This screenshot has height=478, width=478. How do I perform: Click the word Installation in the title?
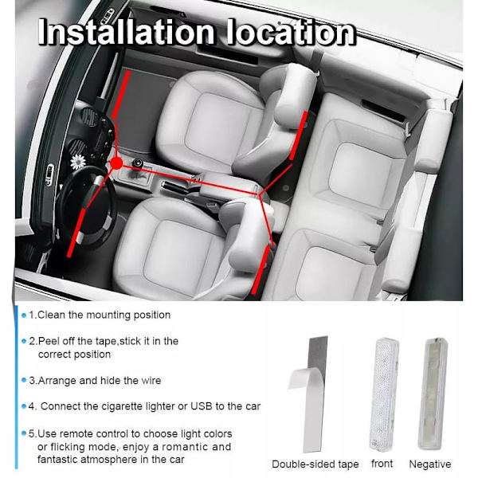pyautogui.click(x=126, y=32)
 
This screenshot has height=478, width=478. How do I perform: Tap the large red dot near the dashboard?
pyautogui.click(x=116, y=163)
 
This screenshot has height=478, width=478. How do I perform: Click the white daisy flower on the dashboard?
pyautogui.click(x=78, y=162)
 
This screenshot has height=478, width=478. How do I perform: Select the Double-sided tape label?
pyautogui.click(x=315, y=464)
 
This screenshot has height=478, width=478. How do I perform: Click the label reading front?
pyautogui.click(x=382, y=464)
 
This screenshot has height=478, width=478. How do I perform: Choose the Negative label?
pyautogui.click(x=430, y=464)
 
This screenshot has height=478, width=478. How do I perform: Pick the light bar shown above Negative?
pyautogui.click(x=433, y=394)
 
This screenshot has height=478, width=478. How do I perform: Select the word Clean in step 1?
pyautogui.click(x=52, y=315)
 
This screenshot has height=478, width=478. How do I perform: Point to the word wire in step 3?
pyautogui.click(x=151, y=381)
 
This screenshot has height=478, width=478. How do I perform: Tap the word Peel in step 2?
pyautogui.click(x=47, y=341)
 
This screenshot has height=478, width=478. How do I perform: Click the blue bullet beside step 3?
pyautogui.click(x=24, y=380)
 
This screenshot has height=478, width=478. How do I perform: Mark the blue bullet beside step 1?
pyautogui.click(x=24, y=315)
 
